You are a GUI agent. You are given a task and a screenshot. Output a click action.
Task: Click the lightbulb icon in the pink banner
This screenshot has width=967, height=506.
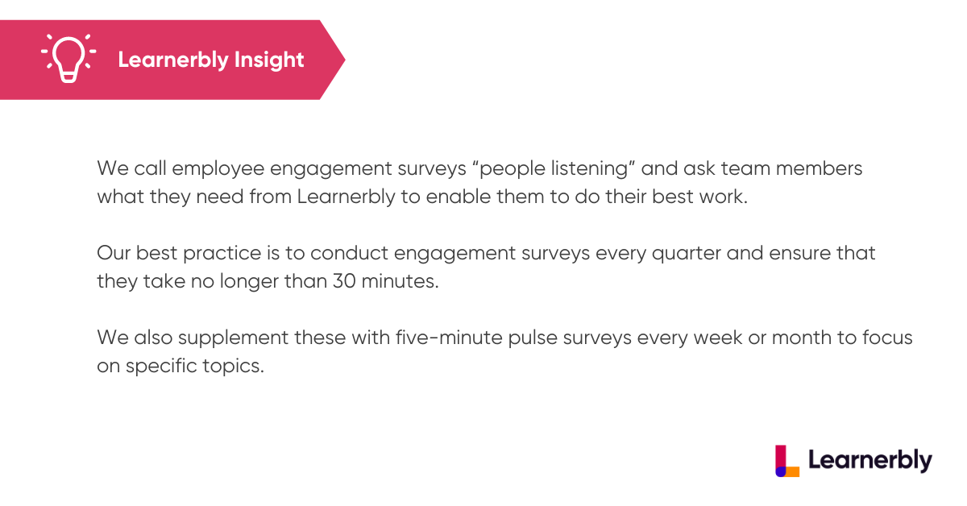68,59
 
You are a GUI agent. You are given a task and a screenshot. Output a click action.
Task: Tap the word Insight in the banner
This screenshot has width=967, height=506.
269,60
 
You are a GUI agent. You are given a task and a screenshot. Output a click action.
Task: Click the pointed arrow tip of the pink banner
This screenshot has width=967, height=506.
345,60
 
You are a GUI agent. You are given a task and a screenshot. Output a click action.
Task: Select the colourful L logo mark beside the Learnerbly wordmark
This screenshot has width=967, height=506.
787,461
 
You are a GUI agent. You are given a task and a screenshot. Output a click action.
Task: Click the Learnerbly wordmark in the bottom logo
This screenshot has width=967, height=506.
869,461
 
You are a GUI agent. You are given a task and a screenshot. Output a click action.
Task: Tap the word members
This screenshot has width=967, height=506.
819,168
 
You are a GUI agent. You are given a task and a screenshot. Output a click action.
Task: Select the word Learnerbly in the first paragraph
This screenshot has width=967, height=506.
346,197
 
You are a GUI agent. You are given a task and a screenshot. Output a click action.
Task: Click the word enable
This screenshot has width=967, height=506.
458,197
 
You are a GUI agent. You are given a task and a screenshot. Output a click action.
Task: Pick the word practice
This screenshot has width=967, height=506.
222,254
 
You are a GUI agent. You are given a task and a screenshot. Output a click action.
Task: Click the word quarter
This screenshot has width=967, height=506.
686,254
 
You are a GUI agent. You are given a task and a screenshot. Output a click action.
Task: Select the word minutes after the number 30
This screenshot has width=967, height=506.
400,281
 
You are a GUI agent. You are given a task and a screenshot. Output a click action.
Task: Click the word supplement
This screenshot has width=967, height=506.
233,338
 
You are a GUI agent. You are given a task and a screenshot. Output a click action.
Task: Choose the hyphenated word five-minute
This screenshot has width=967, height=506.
449,337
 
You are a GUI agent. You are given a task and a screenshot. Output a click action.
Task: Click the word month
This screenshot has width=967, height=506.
801,338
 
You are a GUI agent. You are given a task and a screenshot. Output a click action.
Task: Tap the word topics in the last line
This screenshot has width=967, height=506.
233,367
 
